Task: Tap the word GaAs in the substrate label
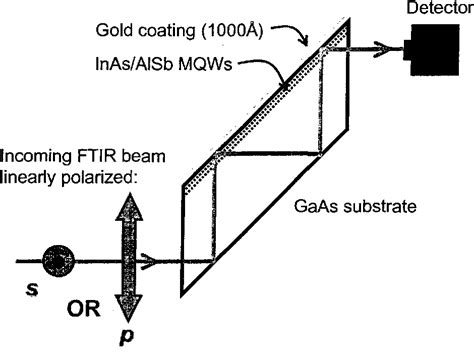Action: pyautogui.click(x=321, y=211)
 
